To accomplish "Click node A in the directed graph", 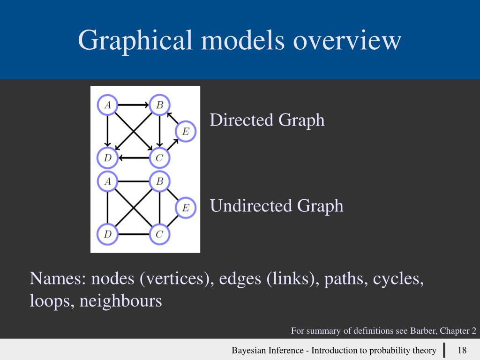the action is tap(108, 105).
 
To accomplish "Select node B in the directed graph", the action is tap(160, 105).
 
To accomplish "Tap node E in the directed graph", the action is tap(186, 131).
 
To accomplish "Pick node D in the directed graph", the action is tap(108, 158).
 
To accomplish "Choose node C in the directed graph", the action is tap(160, 158).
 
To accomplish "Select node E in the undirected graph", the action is tap(186, 208).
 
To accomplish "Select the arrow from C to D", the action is tap(134, 158).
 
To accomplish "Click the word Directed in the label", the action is tap(241, 120).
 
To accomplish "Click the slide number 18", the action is tap(462, 350).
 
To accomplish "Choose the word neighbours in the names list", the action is tap(120, 300).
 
